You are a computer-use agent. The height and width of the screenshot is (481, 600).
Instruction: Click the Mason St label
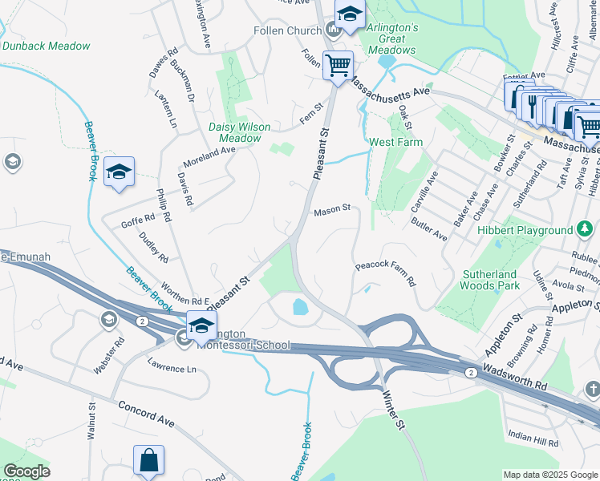332,209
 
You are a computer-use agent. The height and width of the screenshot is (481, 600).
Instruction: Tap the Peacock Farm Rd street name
386,273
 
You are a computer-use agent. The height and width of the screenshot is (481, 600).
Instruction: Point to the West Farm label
395,143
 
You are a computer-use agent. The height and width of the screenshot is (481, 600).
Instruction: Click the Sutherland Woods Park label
491,279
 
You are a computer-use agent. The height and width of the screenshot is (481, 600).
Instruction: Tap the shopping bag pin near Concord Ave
148,461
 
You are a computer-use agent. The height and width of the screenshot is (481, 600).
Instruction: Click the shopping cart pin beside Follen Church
338,65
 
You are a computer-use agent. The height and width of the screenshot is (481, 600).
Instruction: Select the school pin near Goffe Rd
119,172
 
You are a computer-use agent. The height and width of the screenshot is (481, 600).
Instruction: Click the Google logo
26,471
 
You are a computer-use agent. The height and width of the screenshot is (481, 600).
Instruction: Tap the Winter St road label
391,409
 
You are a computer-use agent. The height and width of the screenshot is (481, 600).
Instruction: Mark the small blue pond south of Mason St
299,306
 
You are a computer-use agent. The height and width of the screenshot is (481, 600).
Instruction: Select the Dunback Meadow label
46,46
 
